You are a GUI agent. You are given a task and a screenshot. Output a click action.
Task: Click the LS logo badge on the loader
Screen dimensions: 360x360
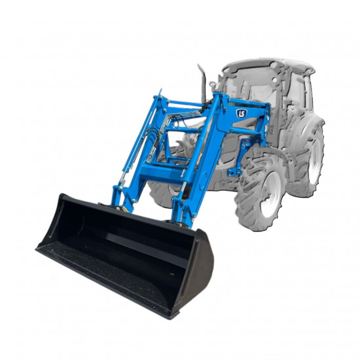click(242, 113)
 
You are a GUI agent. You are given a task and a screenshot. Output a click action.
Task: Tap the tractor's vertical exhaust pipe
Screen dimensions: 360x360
click(202, 82)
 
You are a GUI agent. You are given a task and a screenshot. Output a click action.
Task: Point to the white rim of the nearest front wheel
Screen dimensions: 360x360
click(273, 194)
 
